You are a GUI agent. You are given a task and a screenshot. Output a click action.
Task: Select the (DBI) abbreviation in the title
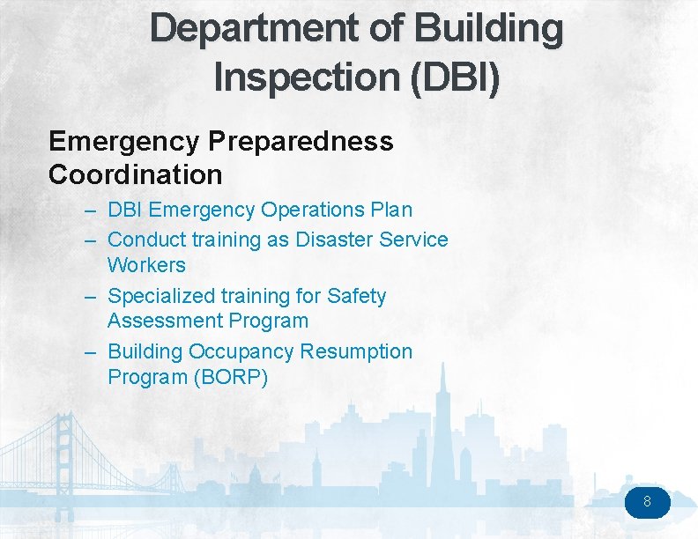click(x=456, y=77)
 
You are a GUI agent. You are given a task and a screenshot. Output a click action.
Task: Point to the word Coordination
click(x=136, y=174)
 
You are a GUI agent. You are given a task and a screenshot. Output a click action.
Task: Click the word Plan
click(x=390, y=210)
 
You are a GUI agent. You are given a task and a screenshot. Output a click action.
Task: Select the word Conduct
click(x=144, y=240)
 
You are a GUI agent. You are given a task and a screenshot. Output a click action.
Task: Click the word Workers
click(x=146, y=265)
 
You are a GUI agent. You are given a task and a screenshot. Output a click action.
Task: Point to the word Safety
click(x=356, y=296)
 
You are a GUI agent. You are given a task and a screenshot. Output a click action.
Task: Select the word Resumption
click(x=356, y=351)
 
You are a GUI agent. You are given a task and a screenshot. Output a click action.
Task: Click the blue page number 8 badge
click(x=648, y=503)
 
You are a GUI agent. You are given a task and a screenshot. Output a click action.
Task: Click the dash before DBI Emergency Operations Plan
click(x=92, y=210)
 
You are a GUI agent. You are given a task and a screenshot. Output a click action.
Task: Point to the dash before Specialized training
click(x=92, y=297)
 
